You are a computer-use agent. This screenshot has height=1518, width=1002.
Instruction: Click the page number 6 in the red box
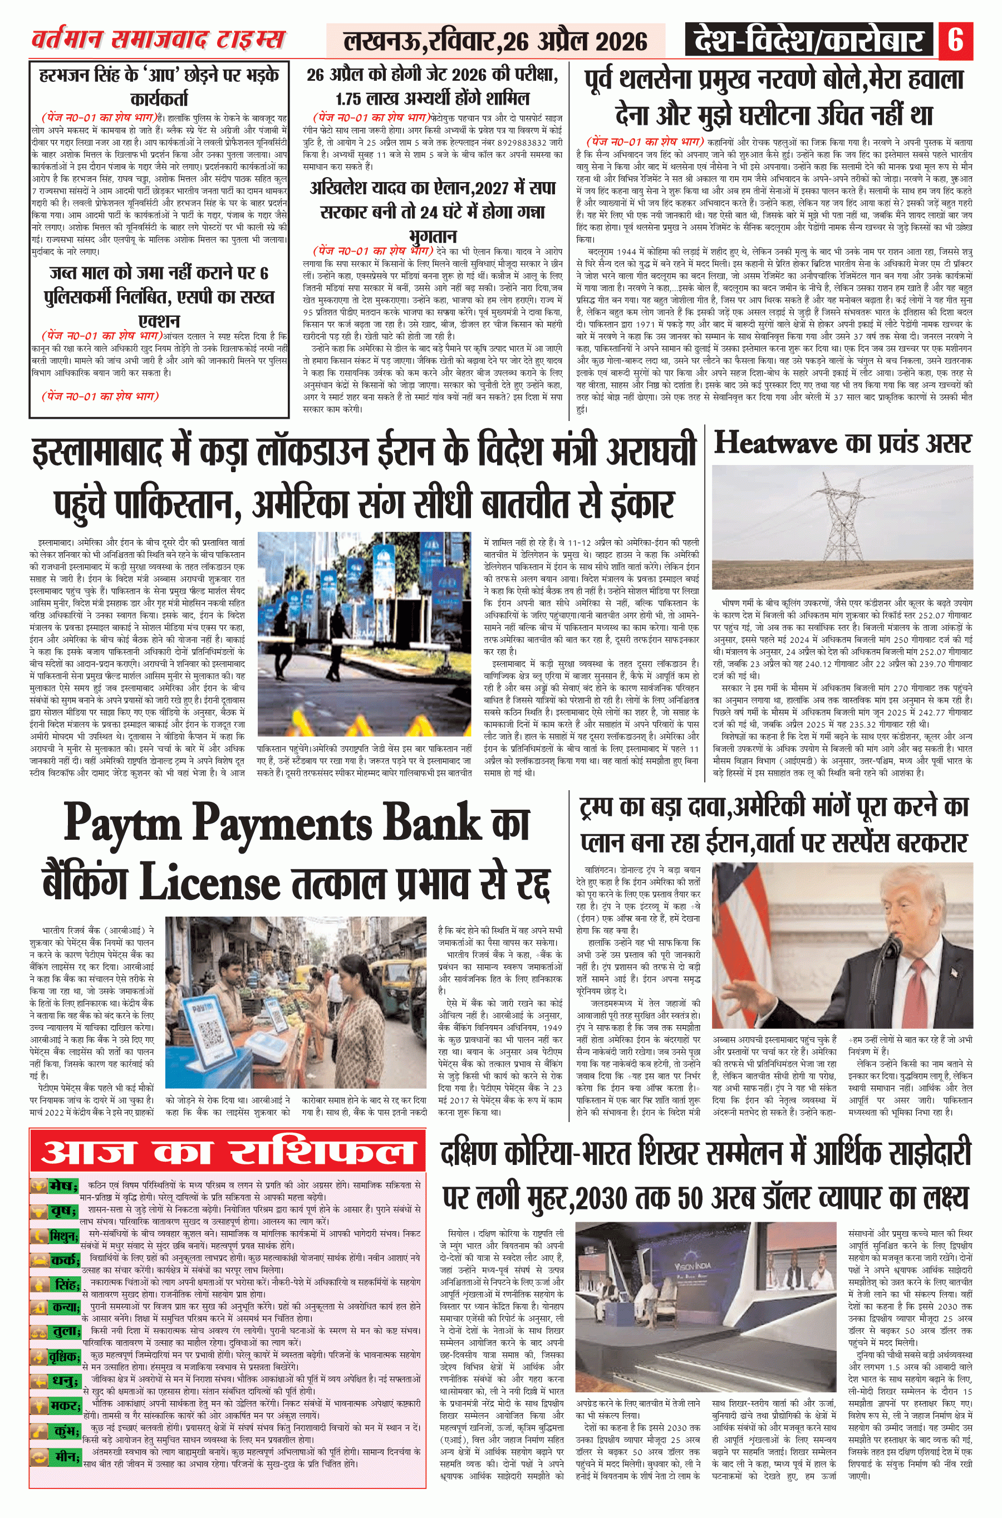[x=956, y=40]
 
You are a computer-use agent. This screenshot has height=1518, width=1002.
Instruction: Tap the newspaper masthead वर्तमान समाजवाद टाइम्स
[x=158, y=40]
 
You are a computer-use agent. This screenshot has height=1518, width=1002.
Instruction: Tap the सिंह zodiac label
[x=66, y=1285]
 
